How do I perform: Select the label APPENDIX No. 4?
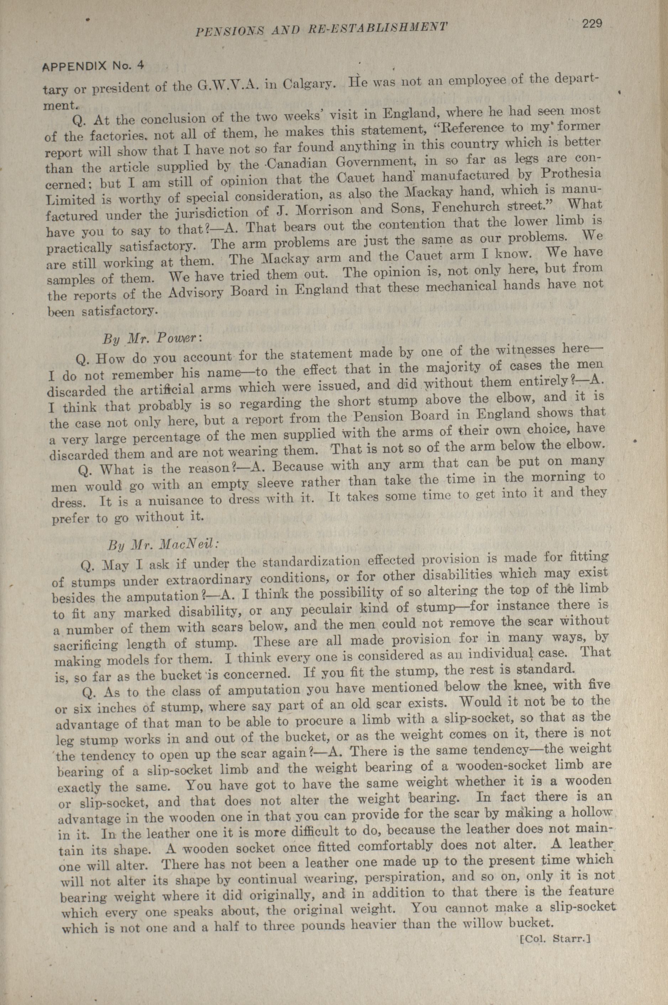(93, 67)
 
